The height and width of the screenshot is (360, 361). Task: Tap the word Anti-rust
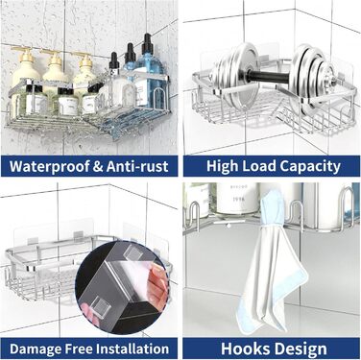pyautogui.click(x=137, y=166)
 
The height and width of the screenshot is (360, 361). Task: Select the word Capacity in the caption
pyautogui.click(x=310, y=166)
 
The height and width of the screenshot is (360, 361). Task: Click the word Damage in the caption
pyautogui.click(x=35, y=348)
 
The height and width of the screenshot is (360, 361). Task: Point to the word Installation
pyautogui.click(x=132, y=348)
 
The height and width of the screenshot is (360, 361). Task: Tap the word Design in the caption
pyautogui.click(x=300, y=349)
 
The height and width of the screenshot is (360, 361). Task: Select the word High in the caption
pyautogui.click(x=222, y=166)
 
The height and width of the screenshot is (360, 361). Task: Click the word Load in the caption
pyautogui.click(x=258, y=166)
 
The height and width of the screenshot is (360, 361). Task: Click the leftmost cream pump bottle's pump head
pyautogui.click(x=24, y=53)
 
